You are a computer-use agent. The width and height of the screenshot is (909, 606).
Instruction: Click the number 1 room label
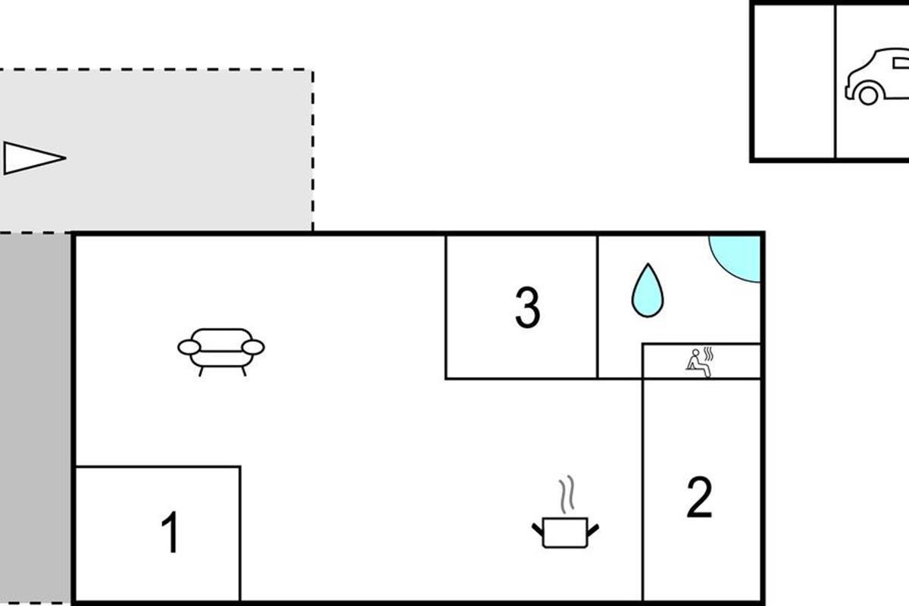172,533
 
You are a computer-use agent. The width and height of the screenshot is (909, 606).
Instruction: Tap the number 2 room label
699,498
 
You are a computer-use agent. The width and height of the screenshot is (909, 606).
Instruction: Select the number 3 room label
527,308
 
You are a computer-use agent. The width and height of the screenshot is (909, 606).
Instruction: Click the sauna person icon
697,362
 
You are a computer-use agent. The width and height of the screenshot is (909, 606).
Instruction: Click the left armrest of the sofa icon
189,348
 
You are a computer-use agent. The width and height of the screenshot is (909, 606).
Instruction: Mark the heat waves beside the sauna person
709,354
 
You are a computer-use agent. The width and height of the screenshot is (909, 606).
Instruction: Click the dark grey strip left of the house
35,417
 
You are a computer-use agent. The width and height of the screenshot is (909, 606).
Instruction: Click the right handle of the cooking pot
593,528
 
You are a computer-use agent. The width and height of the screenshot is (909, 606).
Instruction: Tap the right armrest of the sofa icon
254,348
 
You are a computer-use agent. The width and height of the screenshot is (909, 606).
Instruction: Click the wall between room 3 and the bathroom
598,307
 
